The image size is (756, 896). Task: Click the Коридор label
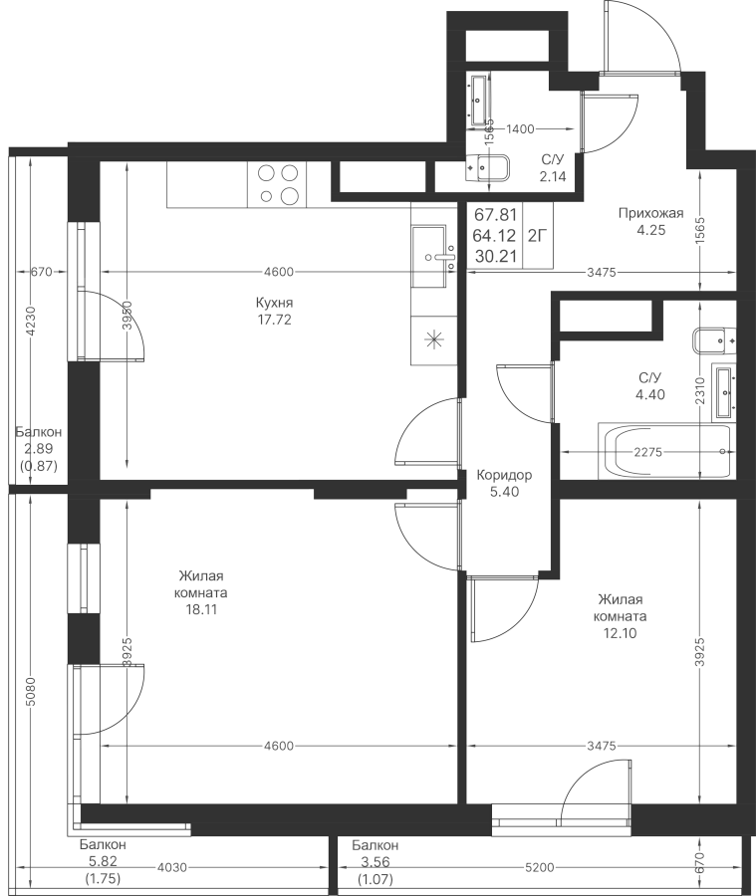point(504,475)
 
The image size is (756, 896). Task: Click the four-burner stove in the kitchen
point(279,183)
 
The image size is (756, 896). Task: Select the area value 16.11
point(201,610)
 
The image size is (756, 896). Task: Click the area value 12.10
point(620,632)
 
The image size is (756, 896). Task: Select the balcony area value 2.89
point(39,449)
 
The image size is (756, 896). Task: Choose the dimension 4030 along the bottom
point(172,867)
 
